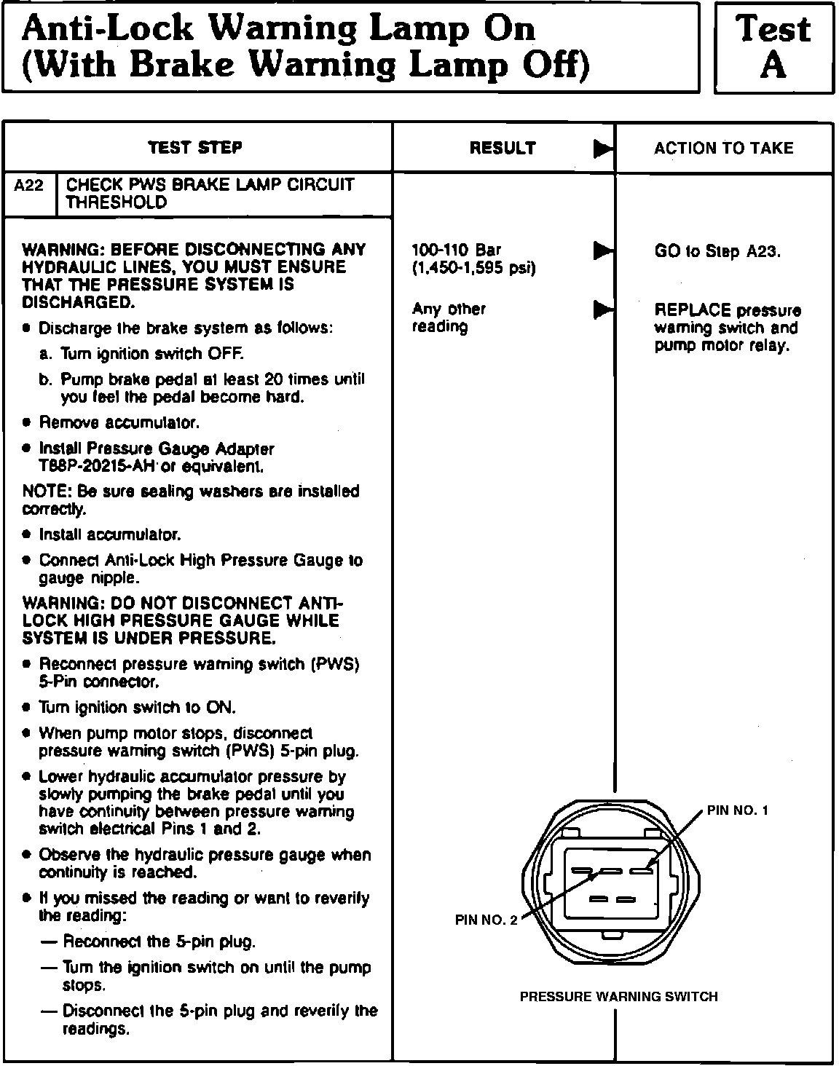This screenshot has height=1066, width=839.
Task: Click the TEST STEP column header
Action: pyautogui.click(x=195, y=148)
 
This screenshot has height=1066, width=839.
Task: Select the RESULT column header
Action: pyautogui.click(x=503, y=149)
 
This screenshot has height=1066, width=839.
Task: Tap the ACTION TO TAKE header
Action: pyautogui.click(x=723, y=149)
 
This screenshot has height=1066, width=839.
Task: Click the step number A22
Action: pyautogui.click(x=29, y=186)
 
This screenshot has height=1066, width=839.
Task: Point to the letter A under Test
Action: pyautogui.click(x=773, y=66)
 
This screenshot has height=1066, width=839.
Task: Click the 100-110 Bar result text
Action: pyautogui.click(x=457, y=250)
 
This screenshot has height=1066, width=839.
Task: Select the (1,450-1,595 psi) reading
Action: pyautogui.click(x=474, y=268)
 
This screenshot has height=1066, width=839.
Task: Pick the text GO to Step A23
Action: pyautogui.click(x=717, y=252)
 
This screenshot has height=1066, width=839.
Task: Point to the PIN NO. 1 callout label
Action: pyautogui.click(x=737, y=810)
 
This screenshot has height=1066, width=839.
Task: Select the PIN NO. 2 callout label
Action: pyautogui.click(x=486, y=920)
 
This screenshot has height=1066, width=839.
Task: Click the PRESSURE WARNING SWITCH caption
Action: pyautogui.click(x=618, y=997)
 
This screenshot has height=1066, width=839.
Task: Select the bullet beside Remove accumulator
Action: pyautogui.click(x=27, y=423)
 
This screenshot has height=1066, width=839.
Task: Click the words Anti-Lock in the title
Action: pyautogui.click(x=109, y=30)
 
